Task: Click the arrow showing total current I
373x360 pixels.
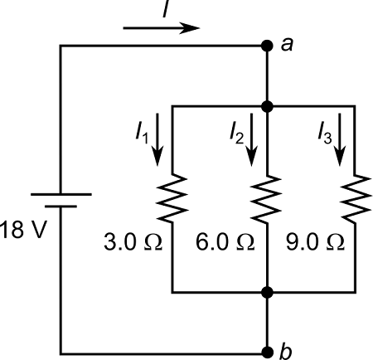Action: [x=162, y=27]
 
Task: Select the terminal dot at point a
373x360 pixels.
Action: [x=266, y=46]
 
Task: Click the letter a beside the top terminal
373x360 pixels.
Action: [x=287, y=46]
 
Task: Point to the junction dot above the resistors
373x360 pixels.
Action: [x=266, y=106]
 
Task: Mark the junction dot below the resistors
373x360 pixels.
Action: [x=266, y=293]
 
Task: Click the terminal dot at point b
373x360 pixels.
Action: [x=266, y=352]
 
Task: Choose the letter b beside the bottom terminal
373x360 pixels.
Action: [x=286, y=352]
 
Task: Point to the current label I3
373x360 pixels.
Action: [x=324, y=133]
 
